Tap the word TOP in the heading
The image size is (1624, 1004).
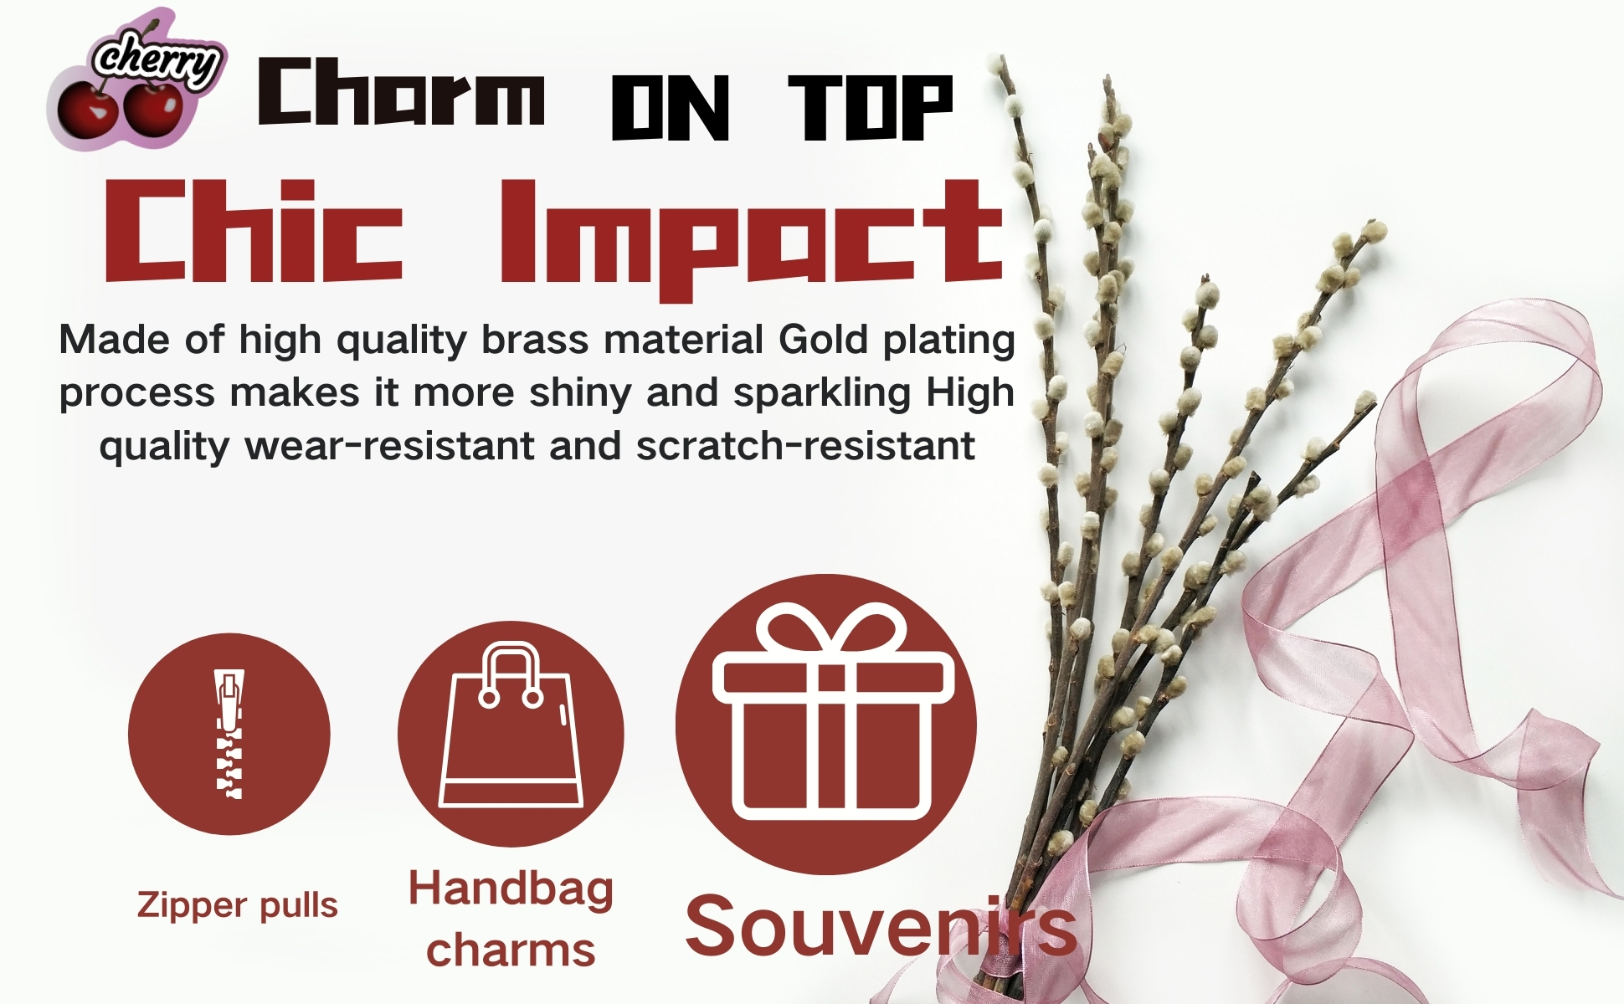871,107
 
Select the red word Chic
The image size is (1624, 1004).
254,231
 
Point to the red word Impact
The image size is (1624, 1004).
752,239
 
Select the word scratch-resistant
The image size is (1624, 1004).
805,445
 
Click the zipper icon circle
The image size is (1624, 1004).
229,734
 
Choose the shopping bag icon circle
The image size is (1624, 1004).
511,734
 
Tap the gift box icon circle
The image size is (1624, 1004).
826,725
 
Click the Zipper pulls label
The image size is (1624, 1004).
237,906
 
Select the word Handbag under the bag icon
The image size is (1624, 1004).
511,890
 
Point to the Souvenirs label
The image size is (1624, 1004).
881,927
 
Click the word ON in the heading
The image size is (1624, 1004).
671,107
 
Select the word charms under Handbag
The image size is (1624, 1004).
511,950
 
